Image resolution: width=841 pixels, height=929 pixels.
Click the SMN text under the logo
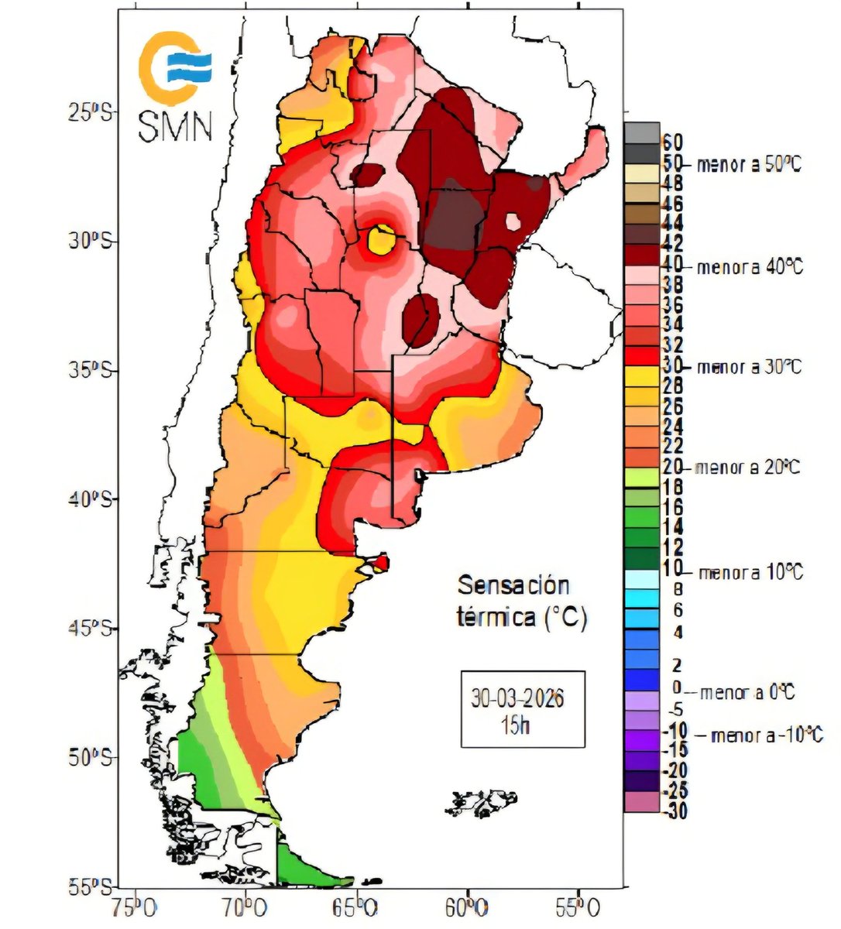pyautogui.click(x=175, y=127)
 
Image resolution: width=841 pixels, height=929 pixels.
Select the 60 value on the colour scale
pyautogui.click(x=671, y=142)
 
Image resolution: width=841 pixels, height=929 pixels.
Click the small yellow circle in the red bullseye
pyautogui.click(x=380, y=239)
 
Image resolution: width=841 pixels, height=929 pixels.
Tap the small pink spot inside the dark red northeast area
pyautogui.click(x=512, y=222)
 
